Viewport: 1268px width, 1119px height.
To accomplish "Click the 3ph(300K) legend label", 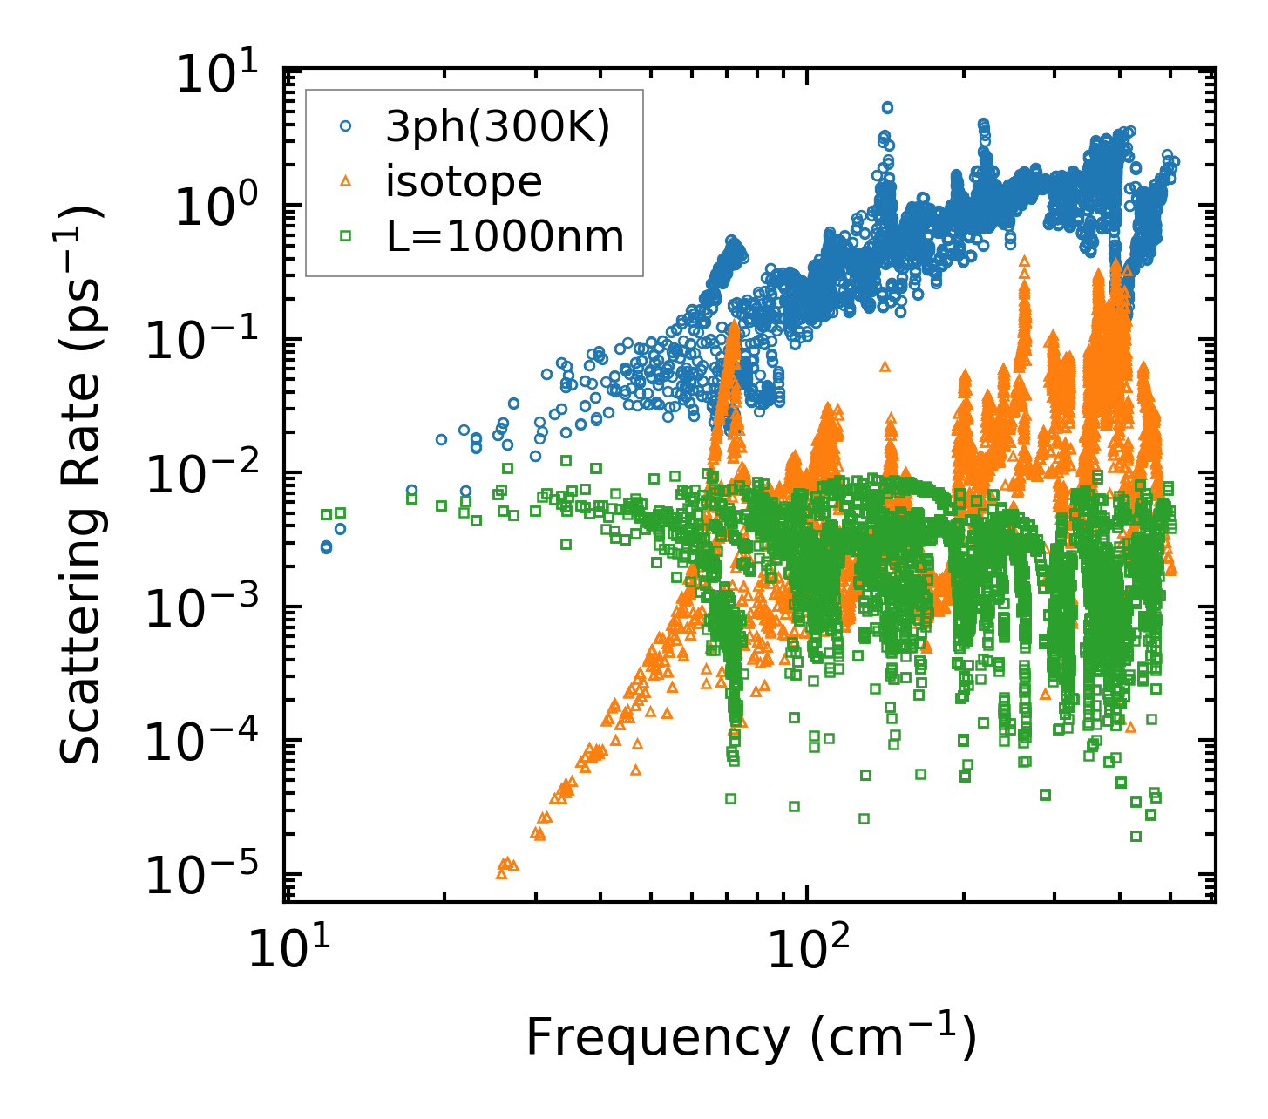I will (498, 128).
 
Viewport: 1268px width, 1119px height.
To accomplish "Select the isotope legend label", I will (464, 182).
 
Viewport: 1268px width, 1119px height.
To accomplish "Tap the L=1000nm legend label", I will (505, 235).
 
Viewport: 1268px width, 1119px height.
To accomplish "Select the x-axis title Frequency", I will (749, 1038).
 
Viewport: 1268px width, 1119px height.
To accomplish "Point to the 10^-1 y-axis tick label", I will (207, 342).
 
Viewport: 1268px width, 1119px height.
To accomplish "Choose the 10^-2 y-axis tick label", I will (207, 476).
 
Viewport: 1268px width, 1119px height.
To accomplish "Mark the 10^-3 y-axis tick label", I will (207, 610).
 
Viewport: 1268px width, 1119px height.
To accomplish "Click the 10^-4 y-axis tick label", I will (207, 743).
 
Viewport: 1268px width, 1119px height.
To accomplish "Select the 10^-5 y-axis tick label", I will (207, 878).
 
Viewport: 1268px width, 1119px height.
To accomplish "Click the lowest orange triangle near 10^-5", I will (501, 873).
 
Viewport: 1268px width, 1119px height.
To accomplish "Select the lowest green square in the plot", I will (1136, 836).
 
